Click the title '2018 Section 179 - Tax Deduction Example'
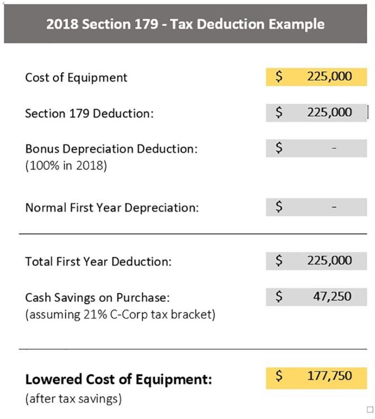point(185,24)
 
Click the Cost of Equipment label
point(76,77)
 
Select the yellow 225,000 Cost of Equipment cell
point(316,76)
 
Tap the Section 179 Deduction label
point(89,114)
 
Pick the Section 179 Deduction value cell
point(316,113)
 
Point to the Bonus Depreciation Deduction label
point(111,149)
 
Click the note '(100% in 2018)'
point(66,166)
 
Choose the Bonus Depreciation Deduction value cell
point(316,148)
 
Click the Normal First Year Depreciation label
point(112,208)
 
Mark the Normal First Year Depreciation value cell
point(316,207)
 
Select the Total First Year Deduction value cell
point(316,261)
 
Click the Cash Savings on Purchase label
point(97,298)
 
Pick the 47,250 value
point(332,296)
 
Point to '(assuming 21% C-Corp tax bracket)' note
point(120,315)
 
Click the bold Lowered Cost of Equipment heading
point(119,380)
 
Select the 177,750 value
point(329,377)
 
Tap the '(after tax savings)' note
point(73,398)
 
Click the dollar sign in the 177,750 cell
point(279,377)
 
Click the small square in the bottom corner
point(369,409)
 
